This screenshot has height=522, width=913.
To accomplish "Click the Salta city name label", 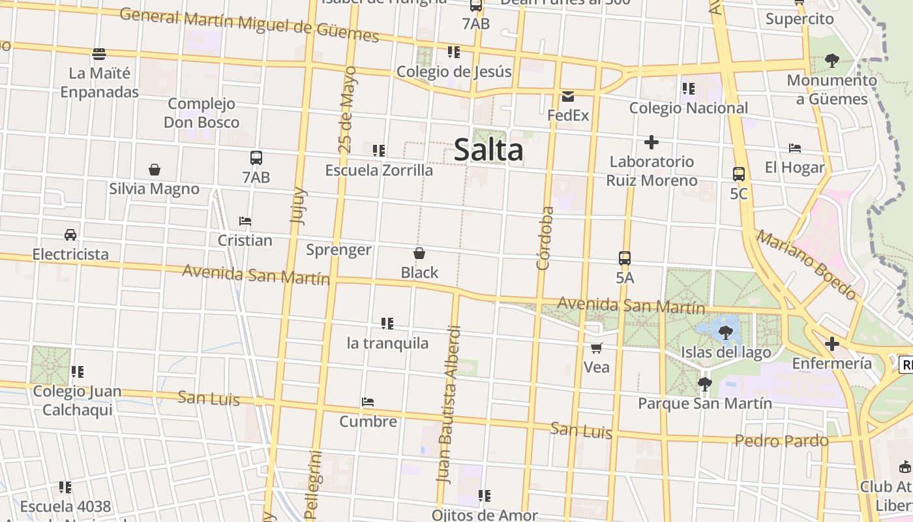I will [x=488, y=150].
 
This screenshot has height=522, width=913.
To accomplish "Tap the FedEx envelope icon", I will [x=568, y=97].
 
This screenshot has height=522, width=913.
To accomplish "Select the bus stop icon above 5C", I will [x=738, y=174].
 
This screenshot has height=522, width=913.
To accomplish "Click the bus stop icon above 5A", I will [x=625, y=258].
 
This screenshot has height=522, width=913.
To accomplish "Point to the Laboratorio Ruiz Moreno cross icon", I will [x=651, y=142].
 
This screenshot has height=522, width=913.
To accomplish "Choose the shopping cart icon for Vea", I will [x=596, y=348].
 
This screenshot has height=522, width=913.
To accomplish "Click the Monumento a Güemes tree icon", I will [x=831, y=61].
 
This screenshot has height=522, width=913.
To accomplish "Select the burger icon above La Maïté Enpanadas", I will [x=99, y=54].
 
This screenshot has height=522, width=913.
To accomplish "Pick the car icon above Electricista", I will [x=70, y=235].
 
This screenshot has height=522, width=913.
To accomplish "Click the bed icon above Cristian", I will [x=245, y=221].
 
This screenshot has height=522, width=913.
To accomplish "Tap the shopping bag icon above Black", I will [x=419, y=253].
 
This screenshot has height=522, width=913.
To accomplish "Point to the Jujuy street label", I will [x=297, y=206].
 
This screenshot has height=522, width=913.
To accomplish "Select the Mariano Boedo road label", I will [x=806, y=264].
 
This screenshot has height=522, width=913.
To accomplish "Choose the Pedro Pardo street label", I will [x=781, y=441].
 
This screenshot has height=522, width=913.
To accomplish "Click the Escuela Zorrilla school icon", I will [x=379, y=151].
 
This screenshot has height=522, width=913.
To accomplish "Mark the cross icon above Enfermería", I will [x=831, y=344].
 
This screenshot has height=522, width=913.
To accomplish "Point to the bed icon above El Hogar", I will [x=794, y=148].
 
